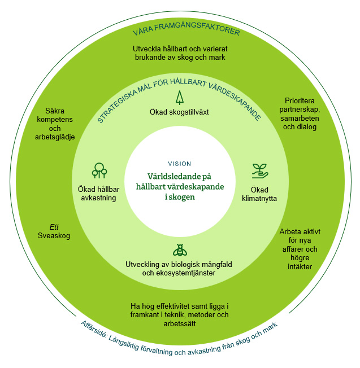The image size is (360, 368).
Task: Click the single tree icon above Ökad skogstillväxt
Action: coord(179,98)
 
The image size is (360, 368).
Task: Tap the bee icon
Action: coord(180,250)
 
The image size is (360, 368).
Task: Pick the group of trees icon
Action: coord(99,170)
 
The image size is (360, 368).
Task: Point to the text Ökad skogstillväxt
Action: coord(179,112)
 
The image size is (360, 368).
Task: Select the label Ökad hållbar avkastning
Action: coord(97,193)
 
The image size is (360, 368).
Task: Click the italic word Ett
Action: coord(54,227)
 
